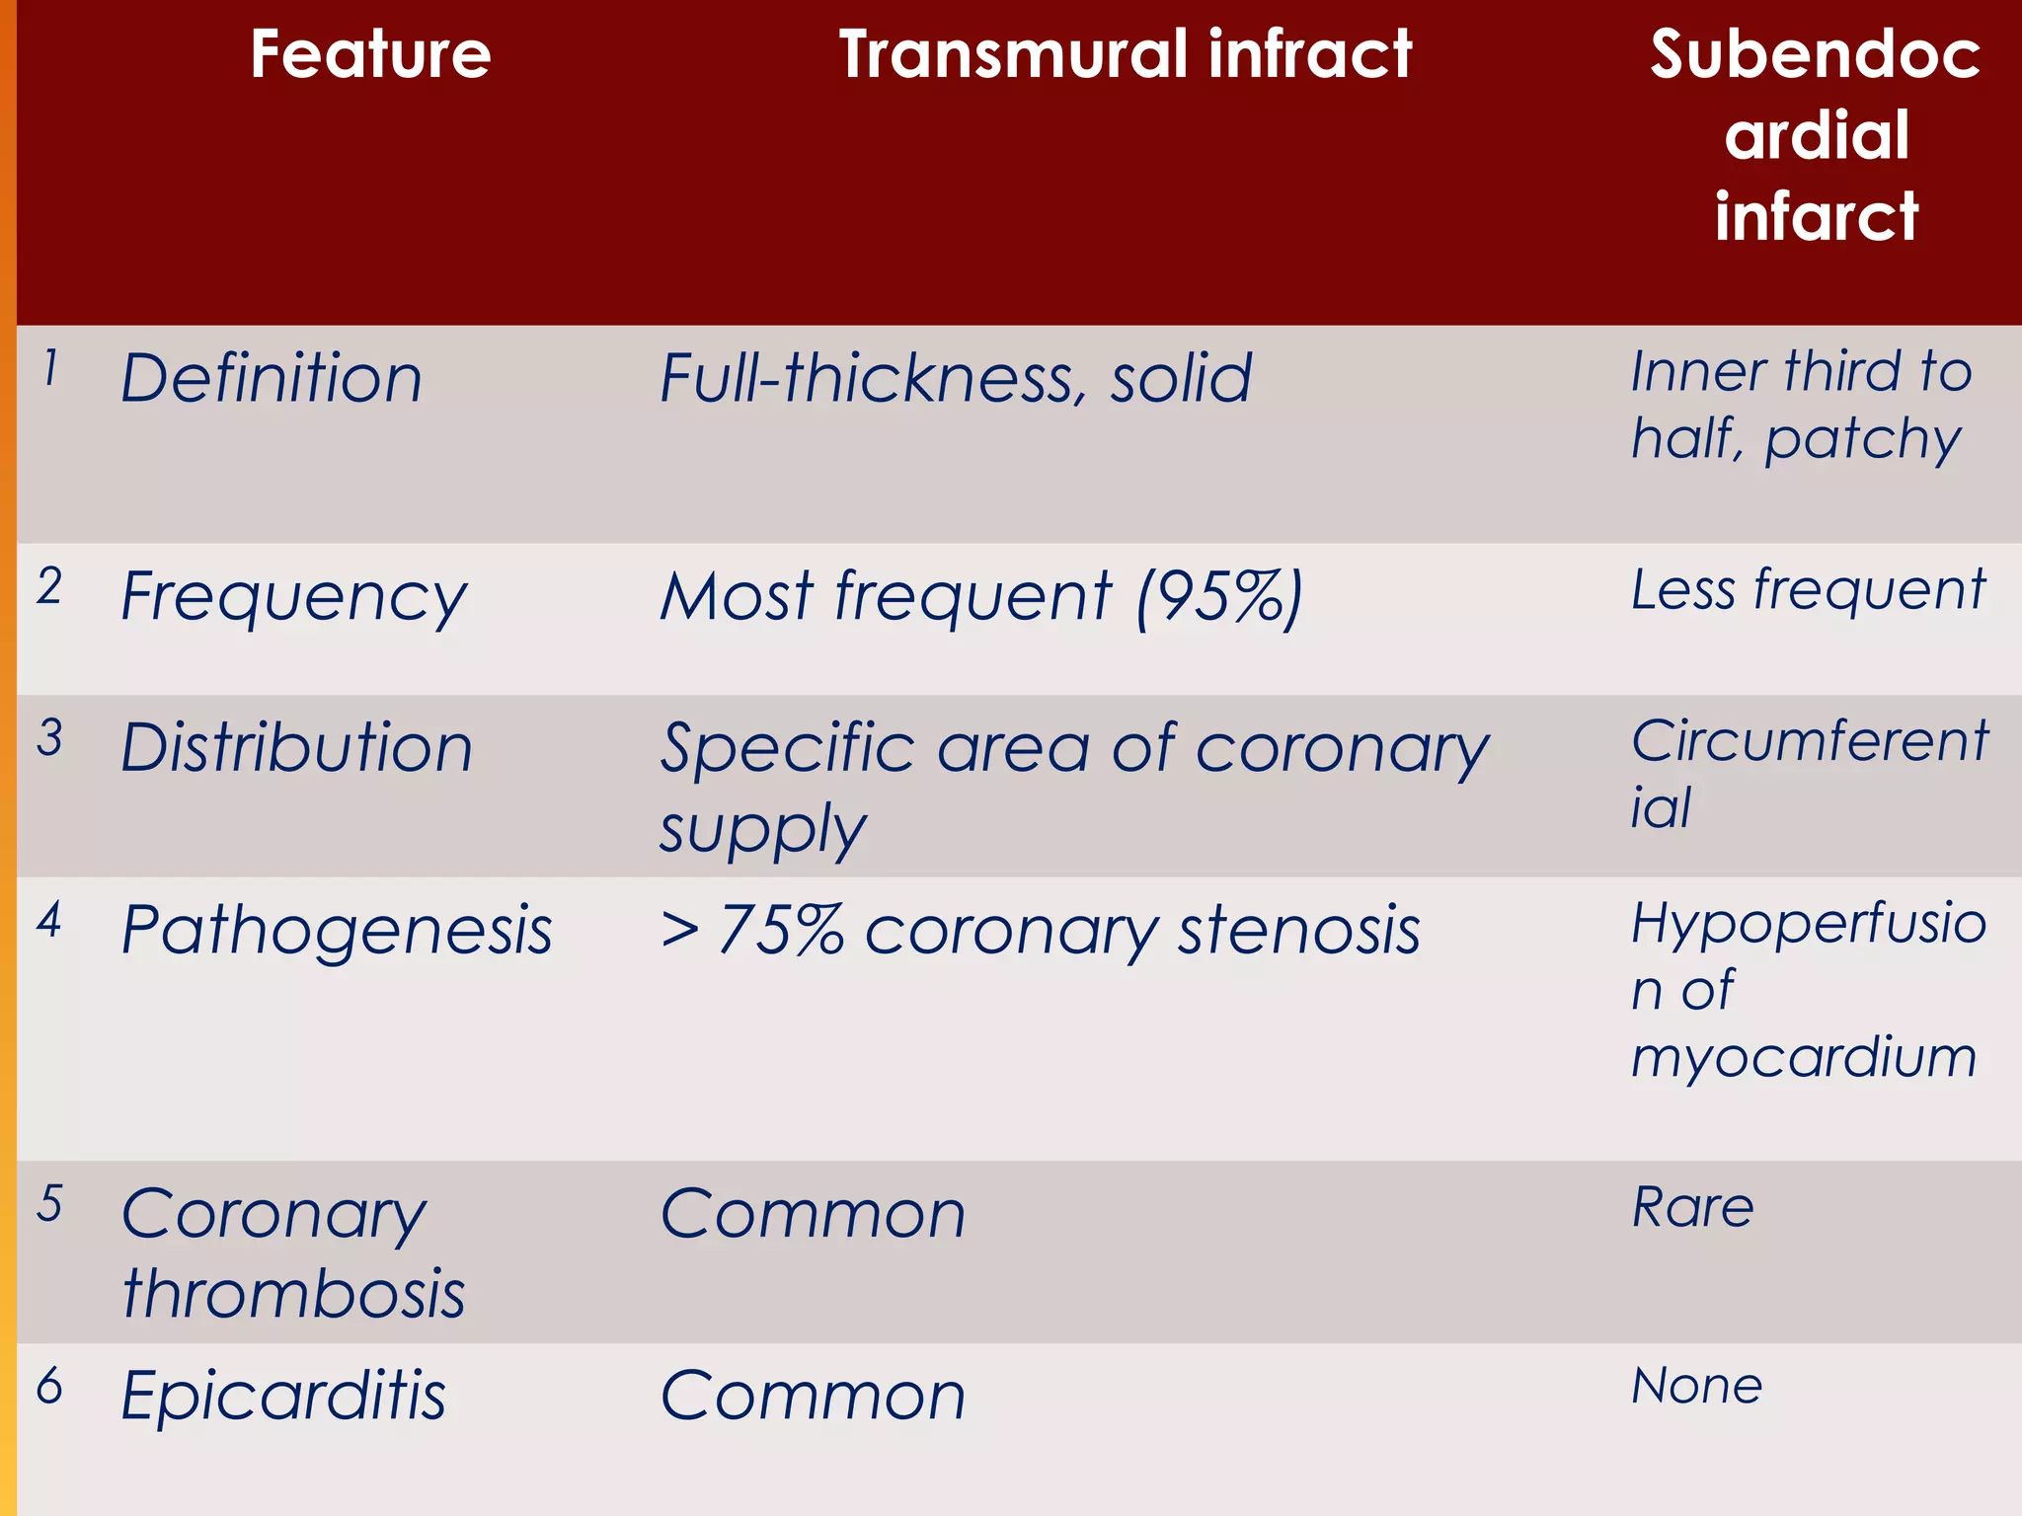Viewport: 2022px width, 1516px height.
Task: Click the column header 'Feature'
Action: point(370,54)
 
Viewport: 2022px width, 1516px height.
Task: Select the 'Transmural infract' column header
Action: point(1126,54)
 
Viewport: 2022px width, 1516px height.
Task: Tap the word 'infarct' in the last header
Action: point(1817,216)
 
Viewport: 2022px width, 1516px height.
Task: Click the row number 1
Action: point(50,369)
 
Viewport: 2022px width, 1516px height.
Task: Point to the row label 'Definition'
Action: point(272,379)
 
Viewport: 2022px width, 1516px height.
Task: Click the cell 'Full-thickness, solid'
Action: point(956,379)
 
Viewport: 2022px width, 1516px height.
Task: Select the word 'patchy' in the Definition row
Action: point(1863,439)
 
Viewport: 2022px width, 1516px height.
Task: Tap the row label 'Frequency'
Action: point(293,598)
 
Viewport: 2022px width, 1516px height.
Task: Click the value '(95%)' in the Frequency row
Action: point(1220,598)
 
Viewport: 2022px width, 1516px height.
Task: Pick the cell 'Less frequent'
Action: point(1808,590)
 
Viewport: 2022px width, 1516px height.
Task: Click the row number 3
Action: point(50,738)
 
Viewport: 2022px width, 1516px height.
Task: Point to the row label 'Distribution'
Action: point(296,748)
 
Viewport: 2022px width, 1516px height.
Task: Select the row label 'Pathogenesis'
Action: point(336,931)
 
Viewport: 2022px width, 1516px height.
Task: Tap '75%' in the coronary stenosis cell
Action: point(780,931)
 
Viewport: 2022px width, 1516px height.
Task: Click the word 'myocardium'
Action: point(1804,1057)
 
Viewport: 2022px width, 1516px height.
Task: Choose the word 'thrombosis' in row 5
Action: point(293,1294)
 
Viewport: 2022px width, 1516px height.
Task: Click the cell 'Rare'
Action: point(1692,1207)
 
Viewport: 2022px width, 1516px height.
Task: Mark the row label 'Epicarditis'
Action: point(283,1396)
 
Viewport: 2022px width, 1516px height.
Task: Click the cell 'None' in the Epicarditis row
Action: point(1696,1386)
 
